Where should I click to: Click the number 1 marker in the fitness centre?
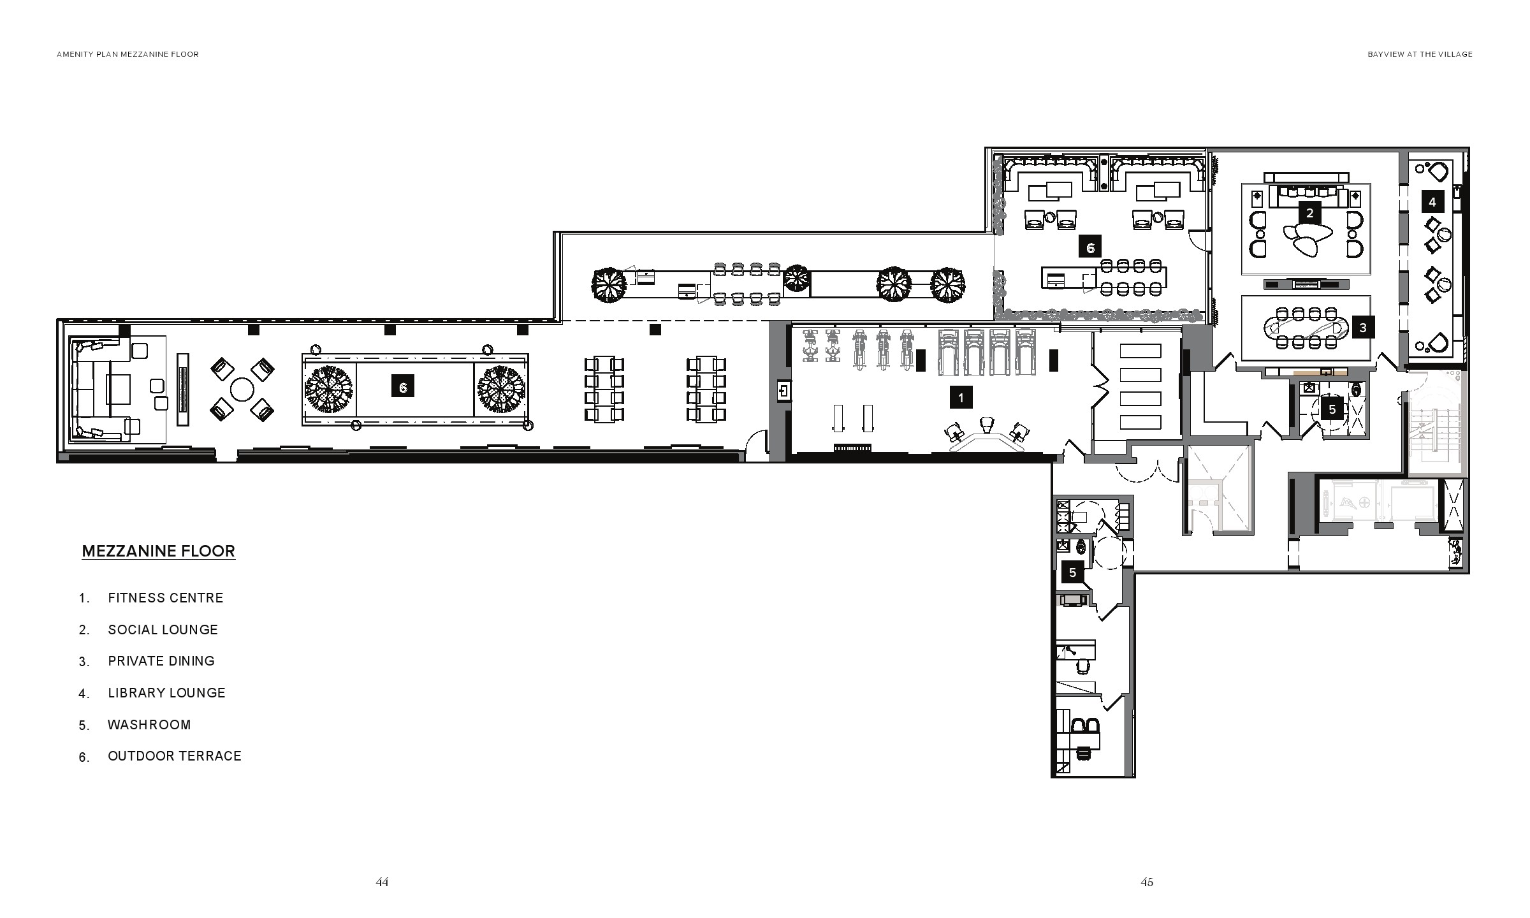pos(961,398)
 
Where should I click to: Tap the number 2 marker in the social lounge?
pos(1309,213)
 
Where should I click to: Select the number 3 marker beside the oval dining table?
pos(1363,328)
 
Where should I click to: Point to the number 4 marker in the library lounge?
pos(1432,202)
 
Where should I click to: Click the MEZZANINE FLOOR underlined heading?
pos(159,551)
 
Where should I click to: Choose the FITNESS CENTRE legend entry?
pos(166,598)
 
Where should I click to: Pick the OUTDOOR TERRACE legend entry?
pos(175,756)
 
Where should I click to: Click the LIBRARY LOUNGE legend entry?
pos(166,693)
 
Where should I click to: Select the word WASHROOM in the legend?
pos(149,725)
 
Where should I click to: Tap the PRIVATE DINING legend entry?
pos(161,661)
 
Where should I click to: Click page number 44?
pos(382,882)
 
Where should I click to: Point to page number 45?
pos(1147,882)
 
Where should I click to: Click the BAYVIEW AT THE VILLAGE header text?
pos(1420,54)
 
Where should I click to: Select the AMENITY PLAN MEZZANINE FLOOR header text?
pos(127,54)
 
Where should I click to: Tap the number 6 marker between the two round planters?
pos(403,387)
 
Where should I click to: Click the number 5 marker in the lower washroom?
pos(1072,572)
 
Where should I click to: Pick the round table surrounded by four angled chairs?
pos(242,389)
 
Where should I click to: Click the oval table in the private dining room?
pos(1306,328)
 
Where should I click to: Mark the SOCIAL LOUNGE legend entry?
pos(163,630)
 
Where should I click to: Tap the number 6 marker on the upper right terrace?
pos(1090,247)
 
